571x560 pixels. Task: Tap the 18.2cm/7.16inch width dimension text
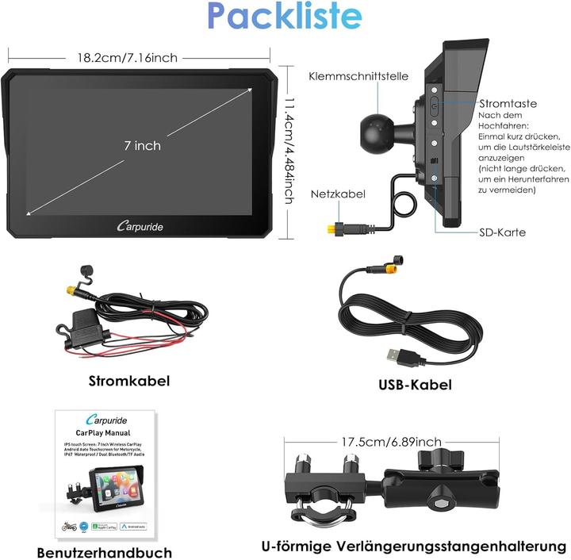click(x=127, y=57)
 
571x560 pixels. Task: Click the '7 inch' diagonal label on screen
click(x=142, y=145)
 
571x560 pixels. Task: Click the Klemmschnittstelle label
click(x=358, y=76)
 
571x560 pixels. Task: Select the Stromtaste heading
click(x=508, y=103)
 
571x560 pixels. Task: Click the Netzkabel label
click(x=337, y=194)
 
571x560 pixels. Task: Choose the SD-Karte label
click(x=502, y=232)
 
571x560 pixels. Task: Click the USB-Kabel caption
click(x=415, y=385)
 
